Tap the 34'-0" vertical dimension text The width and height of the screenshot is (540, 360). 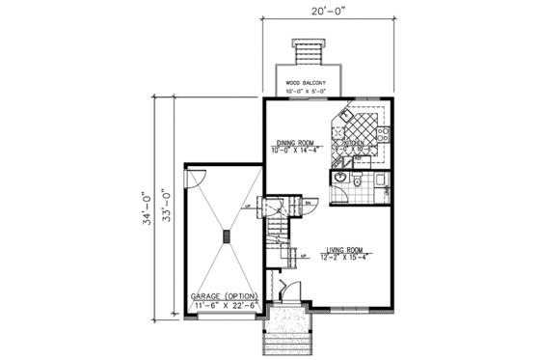coord(146,206)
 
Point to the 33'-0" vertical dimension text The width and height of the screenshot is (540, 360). coord(165,206)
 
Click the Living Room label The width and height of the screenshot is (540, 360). coord(349,247)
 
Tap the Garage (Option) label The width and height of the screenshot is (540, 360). coord(221,294)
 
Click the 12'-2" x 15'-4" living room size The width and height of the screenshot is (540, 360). coord(349,256)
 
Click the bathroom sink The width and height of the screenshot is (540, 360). coord(340,180)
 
